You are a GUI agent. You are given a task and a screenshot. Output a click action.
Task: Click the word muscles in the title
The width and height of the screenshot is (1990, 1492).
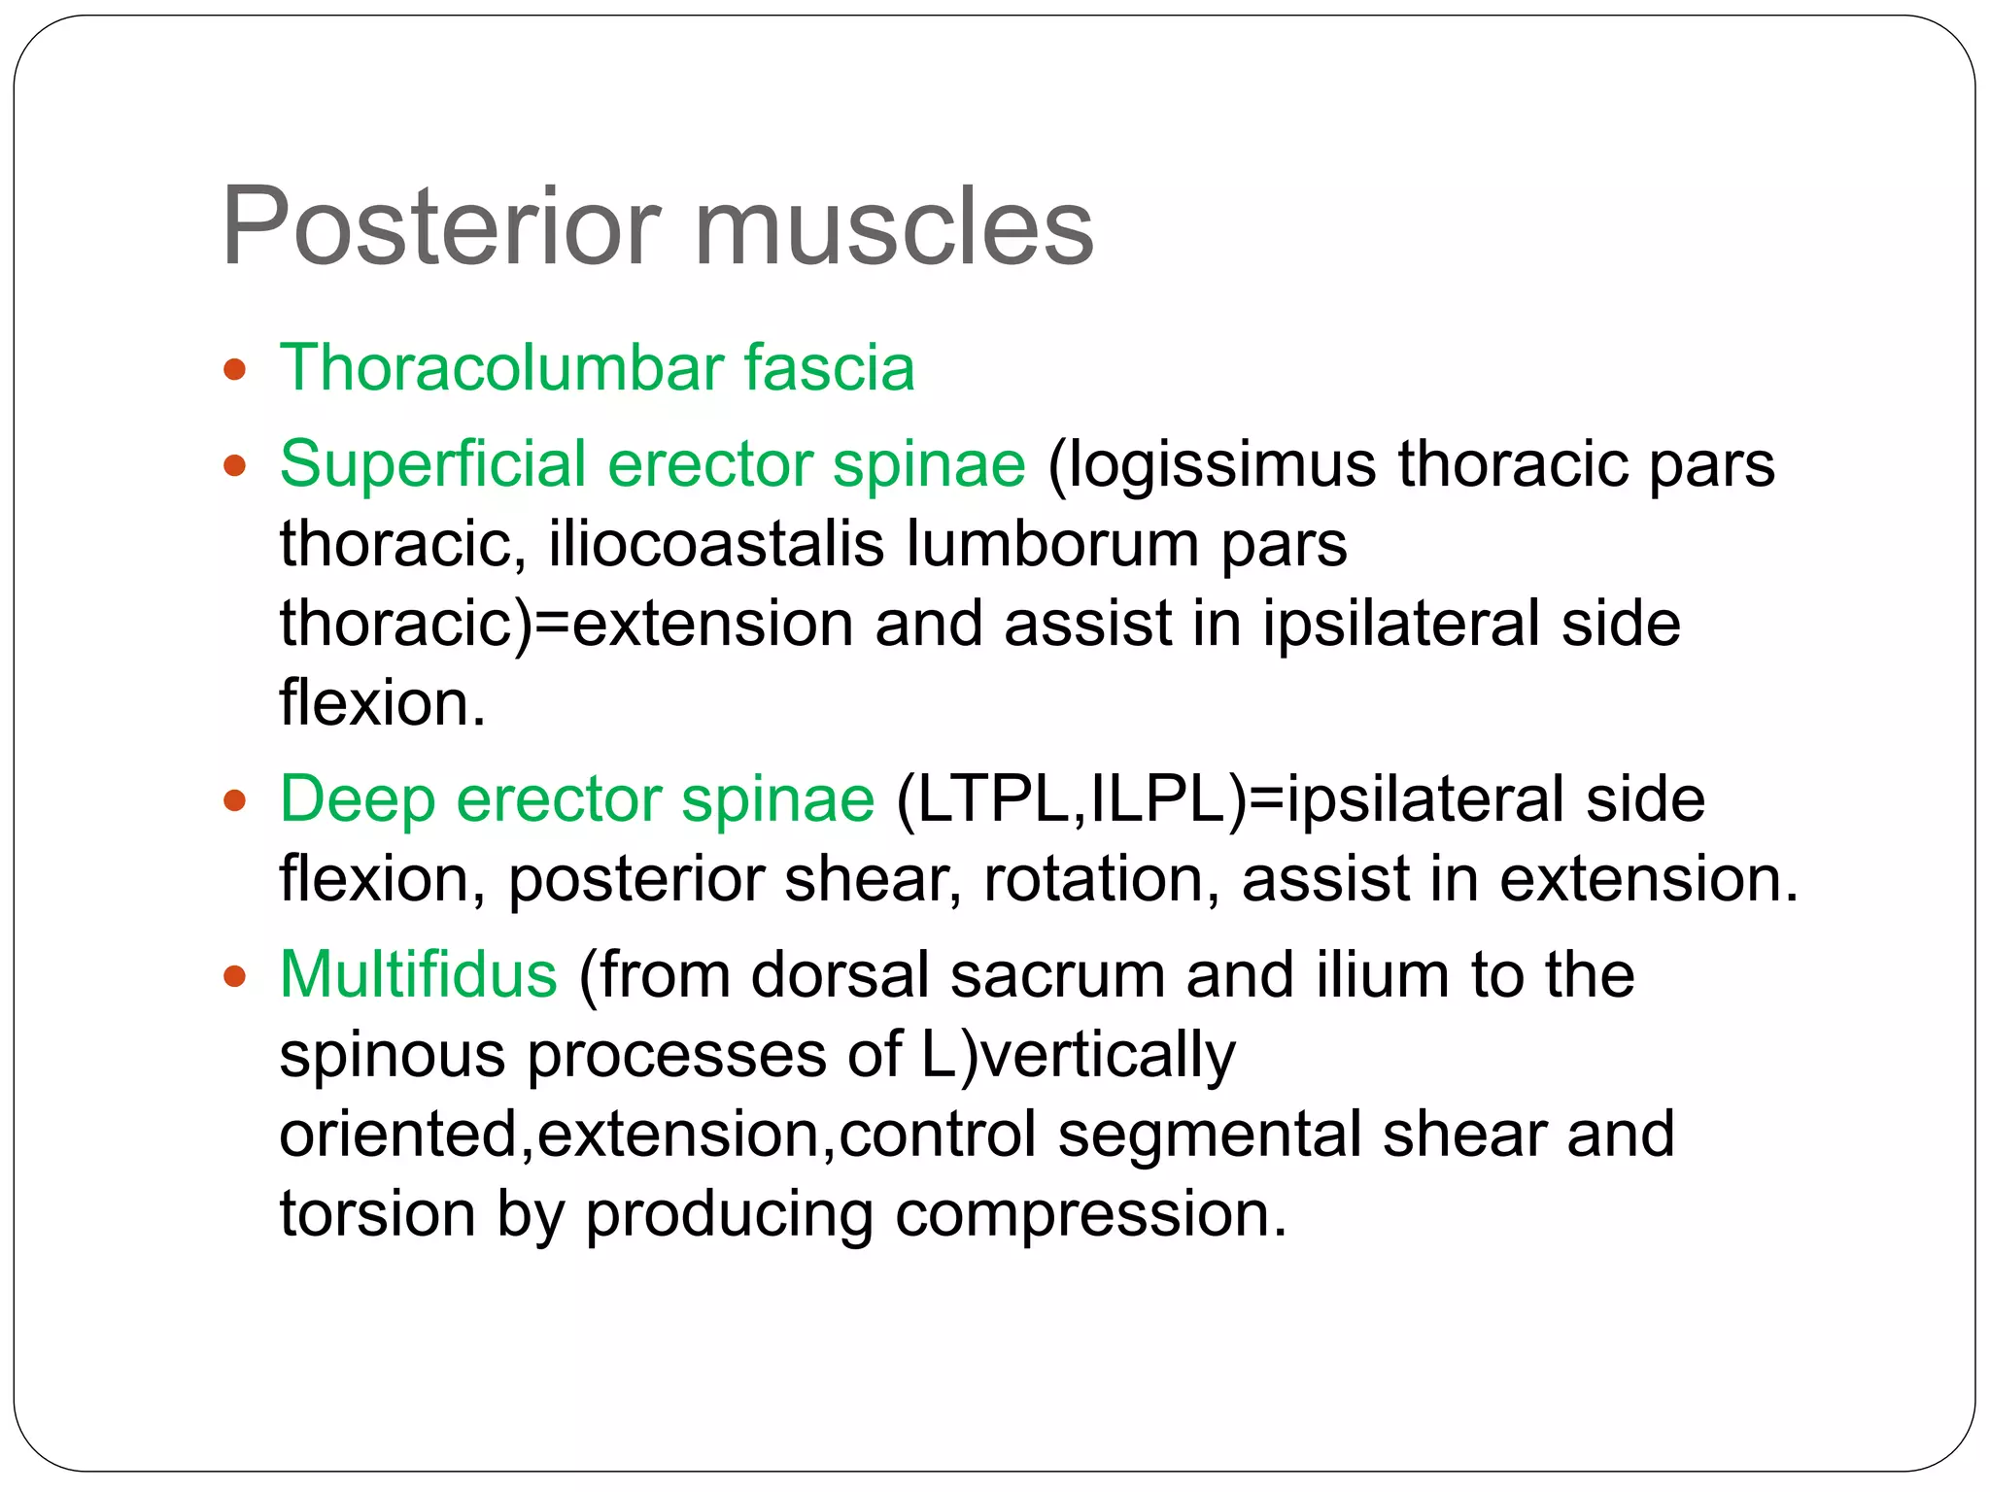coord(893,226)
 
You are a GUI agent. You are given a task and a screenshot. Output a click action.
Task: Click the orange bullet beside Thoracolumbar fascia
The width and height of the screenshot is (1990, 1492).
coord(234,370)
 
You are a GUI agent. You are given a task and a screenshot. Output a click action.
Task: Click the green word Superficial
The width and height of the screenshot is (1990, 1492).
coord(432,463)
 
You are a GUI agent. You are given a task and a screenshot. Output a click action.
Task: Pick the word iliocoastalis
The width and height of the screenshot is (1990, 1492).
coord(717,543)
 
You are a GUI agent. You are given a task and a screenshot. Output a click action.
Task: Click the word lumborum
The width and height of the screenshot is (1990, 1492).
coord(1052,543)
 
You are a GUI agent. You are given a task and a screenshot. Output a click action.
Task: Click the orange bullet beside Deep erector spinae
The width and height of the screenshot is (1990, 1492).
coord(234,801)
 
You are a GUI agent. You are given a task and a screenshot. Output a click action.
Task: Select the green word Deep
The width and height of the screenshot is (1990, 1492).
coord(357,799)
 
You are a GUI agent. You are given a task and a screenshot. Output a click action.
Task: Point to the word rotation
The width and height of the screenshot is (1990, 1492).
coord(1101,879)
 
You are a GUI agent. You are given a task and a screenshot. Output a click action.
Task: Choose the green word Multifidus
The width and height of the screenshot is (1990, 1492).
coord(418,974)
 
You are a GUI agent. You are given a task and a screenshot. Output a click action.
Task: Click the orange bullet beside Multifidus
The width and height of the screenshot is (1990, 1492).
coord(234,976)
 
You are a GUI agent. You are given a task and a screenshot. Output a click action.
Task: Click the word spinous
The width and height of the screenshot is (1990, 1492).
coord(392,1055)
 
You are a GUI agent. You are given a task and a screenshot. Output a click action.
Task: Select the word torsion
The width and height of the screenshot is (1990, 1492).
coord(378,1214)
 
